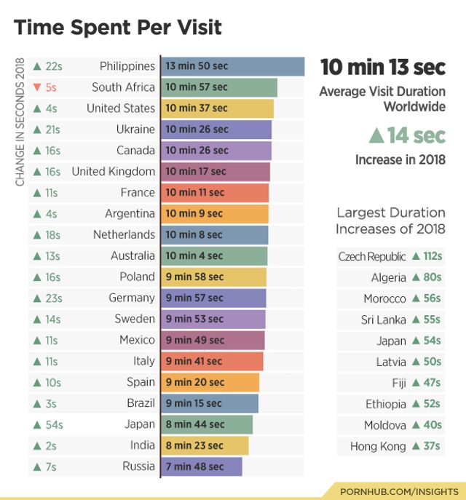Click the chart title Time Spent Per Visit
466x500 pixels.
pyautogui.click(x=118, y=28)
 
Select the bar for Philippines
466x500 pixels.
pyautogui.click(x=232, y=66)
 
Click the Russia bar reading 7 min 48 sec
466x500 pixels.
pyautogui.click(x=201, y=467)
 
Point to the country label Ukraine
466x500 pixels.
pyautogui.click(x=135, y=130)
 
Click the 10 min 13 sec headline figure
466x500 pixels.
pyautogui.click(x=383, y=67)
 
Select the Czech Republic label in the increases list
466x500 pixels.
pyautogui.click(x=372, y=256)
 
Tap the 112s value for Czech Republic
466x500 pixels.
pyautogui.click(x=432, y=256)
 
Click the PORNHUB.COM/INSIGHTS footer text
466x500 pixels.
pyautogui.click(x=400, y=491)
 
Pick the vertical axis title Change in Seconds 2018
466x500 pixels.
pyautogui.click(x=20, y=122)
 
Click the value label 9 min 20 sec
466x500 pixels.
pyautogui.click(x=194, y=382)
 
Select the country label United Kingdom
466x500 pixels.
pyautogui.click(x=113, y=172)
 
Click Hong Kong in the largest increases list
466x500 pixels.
pyautogui.click(x=378, y=446)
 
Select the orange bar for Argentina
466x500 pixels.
pyautogui.click(x=214, y=214)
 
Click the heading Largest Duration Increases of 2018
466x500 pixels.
pyautogui.click(x=390, y=221)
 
